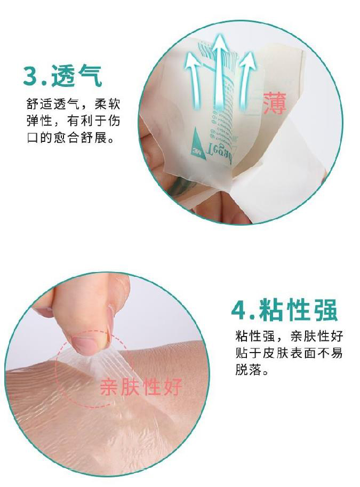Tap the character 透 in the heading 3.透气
[63, 76]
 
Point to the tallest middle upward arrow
[219, 69]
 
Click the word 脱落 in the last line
[247, 371]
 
